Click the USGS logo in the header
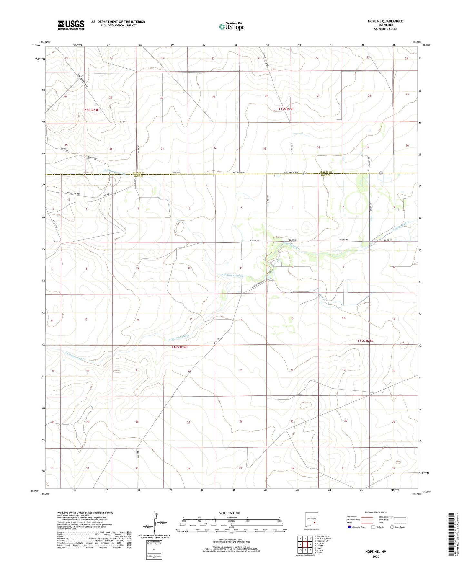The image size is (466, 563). point(71,25)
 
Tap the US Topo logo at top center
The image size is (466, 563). point(231,26)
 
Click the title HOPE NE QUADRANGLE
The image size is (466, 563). point(385,21)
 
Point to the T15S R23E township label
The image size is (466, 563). point(91,110)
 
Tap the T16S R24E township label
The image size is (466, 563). point(179,347)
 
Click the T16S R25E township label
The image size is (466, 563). point(365,341)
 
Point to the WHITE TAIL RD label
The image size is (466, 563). point(73,193)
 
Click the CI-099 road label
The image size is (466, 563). point(122,122)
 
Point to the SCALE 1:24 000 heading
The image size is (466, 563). point(229,513)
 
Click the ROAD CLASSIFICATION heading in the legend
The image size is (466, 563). point(376,512)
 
